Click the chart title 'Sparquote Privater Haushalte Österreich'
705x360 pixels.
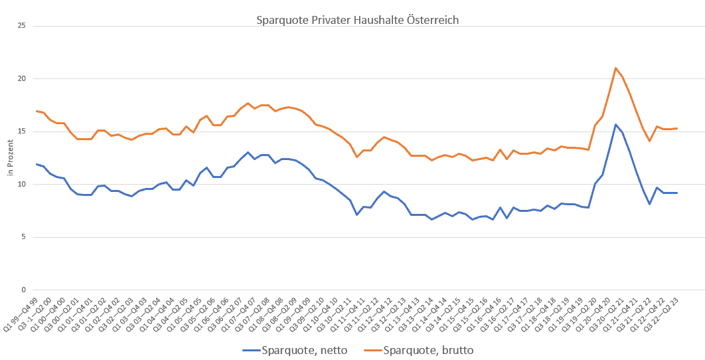pyautogui.click(x=357, y=20)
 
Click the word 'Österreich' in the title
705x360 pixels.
pyautogui.click(x=433, y=20)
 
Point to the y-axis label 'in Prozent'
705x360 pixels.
pyautogui.click(x=11, y=158)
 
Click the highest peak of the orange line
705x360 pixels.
pyautogui.click(x=616, y=68)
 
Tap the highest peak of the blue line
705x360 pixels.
pyautogui.click(x=616, y=124)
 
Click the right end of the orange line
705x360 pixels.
pyautogui.click(x=676, y=128)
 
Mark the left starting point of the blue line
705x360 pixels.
pyautogui.click(x=36, y=164)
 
